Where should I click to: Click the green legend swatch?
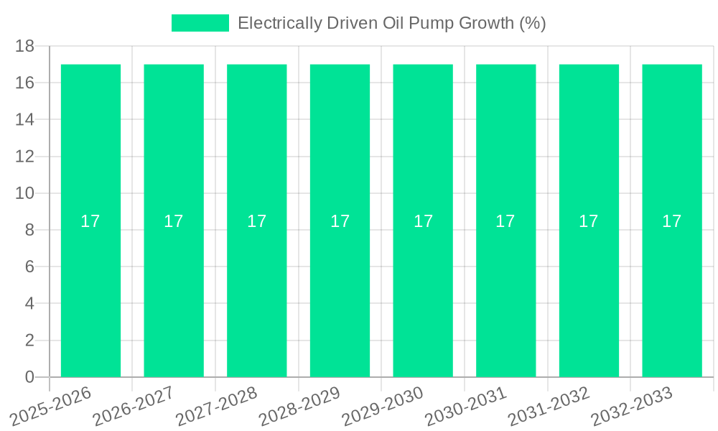tap(200, 23)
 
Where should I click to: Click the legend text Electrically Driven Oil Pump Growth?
tap(391, 23)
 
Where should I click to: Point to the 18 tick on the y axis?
tap(24, 46)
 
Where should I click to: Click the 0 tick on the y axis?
tap(29, 377)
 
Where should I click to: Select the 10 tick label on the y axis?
tap(24, 193)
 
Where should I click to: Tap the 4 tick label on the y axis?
tap(29, 303)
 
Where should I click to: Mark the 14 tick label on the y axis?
tap(24, 119)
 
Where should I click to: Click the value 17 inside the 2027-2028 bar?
tap(256, 221)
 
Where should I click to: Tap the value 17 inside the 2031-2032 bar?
tap(589, 221)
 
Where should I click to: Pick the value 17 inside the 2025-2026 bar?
tap(90, 221)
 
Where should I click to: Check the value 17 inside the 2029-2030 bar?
tap(423, 221)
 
